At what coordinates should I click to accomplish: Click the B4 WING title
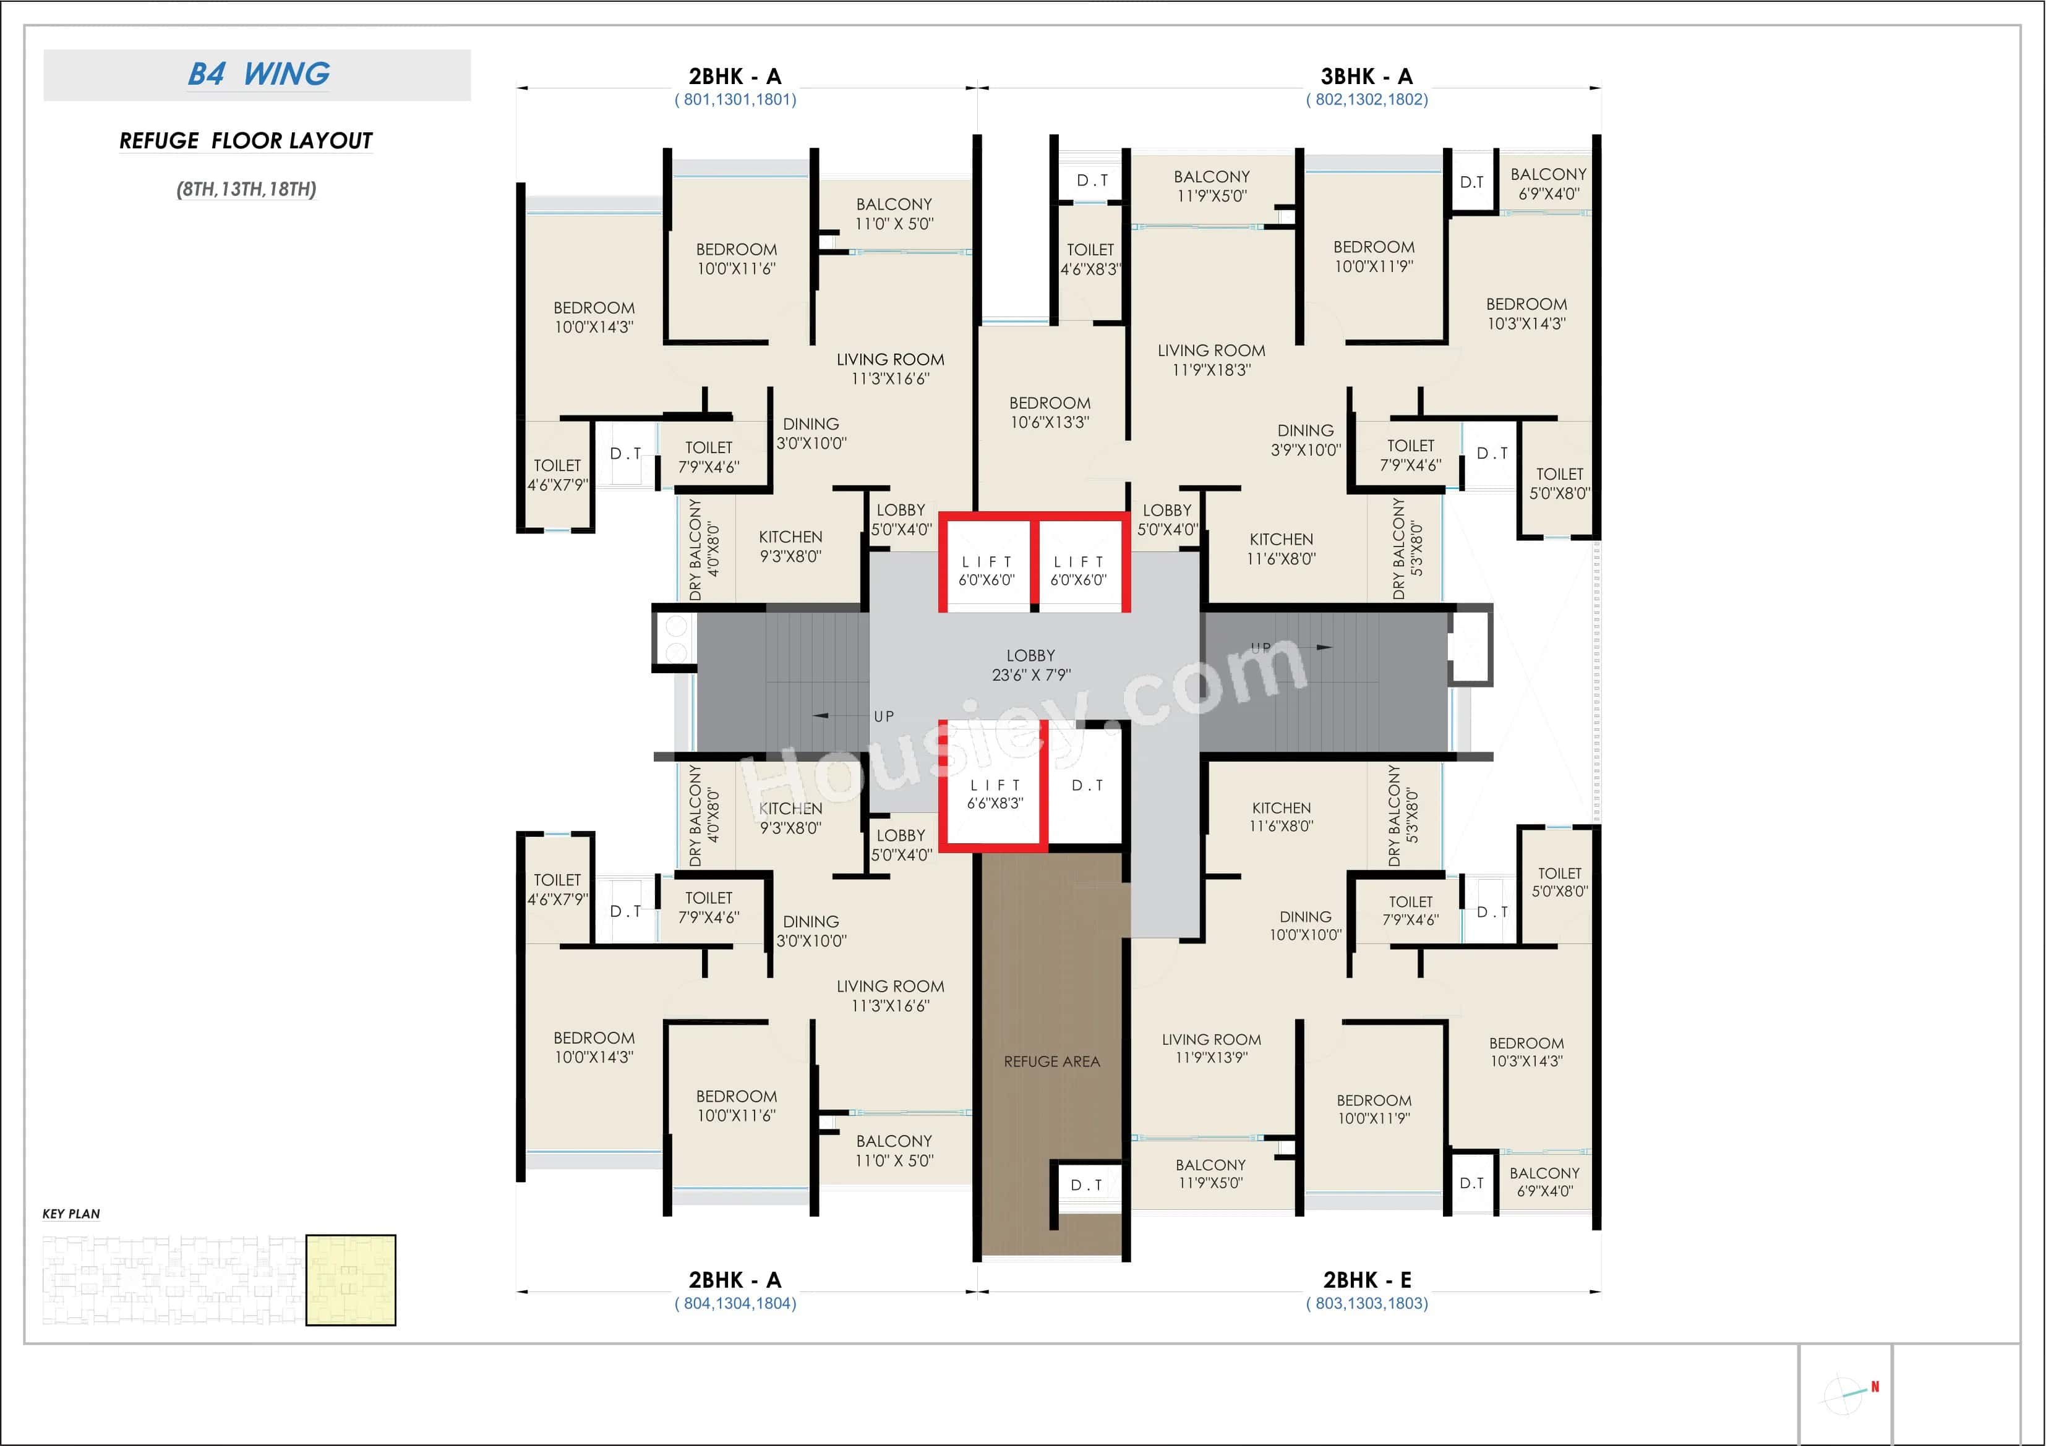(259, 74)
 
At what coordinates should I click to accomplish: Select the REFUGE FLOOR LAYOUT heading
(246, 141)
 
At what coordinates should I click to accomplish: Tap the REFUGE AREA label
(1051, 1061)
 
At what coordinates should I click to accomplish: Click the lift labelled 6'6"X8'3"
(995, 794)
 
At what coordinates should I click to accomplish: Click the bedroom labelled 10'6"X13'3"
(1050, 412)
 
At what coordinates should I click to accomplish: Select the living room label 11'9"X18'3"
(1211, 360)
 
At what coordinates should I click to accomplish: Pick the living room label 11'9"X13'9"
(1211, 1048)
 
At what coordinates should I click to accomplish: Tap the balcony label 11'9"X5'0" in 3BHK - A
(1211, 186)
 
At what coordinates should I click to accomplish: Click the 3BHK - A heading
(1366, 77)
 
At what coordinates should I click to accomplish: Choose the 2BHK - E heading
(1366, 1280)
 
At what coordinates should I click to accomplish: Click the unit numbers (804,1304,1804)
(735, 1303)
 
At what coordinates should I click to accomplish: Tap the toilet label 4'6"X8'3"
(1090, 259)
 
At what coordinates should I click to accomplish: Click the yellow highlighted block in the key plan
(350, 1280)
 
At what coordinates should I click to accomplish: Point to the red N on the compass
(1874, 1386)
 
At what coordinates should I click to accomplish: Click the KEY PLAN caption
(71, 1214)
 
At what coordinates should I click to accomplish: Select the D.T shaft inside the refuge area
(1086, 1185)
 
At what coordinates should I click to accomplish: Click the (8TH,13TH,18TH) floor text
(246, 189)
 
